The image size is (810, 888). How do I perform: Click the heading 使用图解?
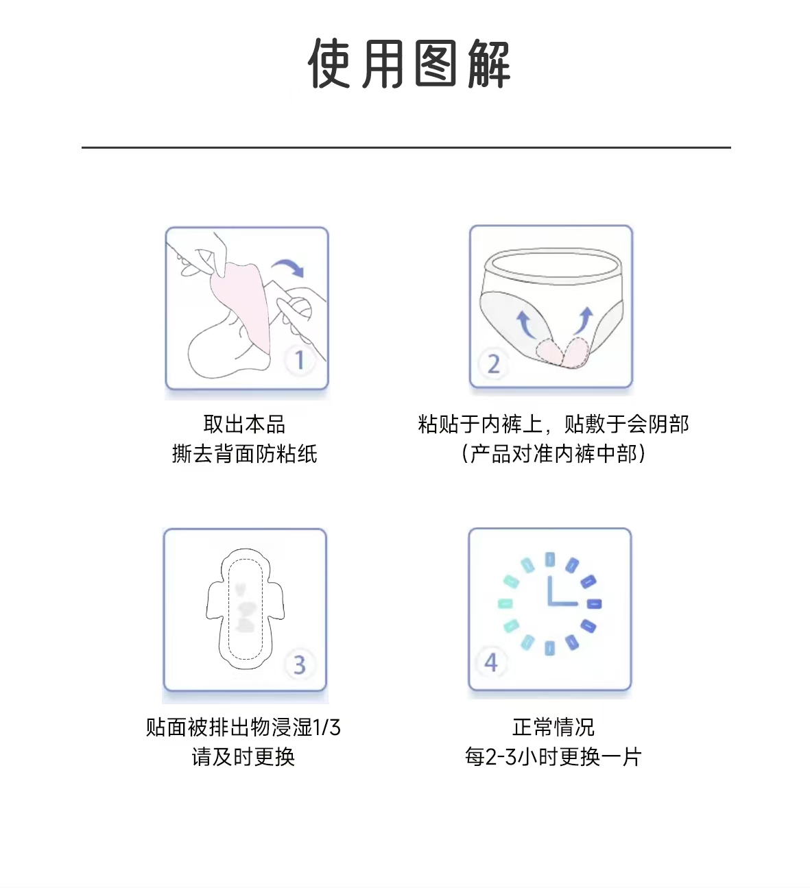409,63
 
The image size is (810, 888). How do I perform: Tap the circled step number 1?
300,359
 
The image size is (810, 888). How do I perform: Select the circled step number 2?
493,363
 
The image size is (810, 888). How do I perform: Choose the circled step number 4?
490,662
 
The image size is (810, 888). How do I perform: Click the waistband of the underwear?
552,265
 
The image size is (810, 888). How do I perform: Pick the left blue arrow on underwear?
526,324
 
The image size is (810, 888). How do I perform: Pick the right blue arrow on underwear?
583,320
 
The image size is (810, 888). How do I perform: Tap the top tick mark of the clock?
549,559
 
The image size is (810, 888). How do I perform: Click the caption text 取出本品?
244,424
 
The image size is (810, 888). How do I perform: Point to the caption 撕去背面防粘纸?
244,454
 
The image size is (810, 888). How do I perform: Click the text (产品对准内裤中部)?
553,454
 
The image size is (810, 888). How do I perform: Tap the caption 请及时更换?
243,756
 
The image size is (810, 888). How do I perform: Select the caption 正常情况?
553,727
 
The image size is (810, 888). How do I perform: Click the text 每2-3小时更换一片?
553,756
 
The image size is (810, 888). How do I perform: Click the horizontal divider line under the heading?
406,147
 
